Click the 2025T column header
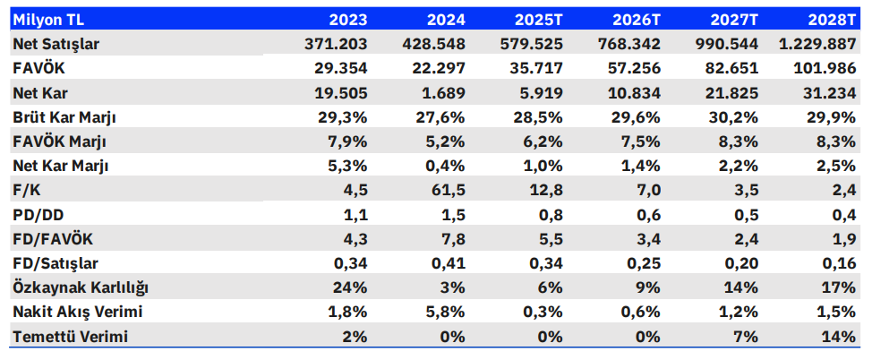click(x=538, y=20)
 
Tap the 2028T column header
click(x=832, y=20)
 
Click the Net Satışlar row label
click(x=56, y=44)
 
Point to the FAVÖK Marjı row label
click(x=59, y=141)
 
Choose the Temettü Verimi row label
click(x=70, y=337)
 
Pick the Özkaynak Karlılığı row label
click(x=81, y=288)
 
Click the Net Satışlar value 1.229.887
click(x=817, y=44)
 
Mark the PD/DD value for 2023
click(x=355, y=215)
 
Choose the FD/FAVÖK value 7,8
click(x=453, y=239)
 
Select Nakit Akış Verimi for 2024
click(x=447, y=313)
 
